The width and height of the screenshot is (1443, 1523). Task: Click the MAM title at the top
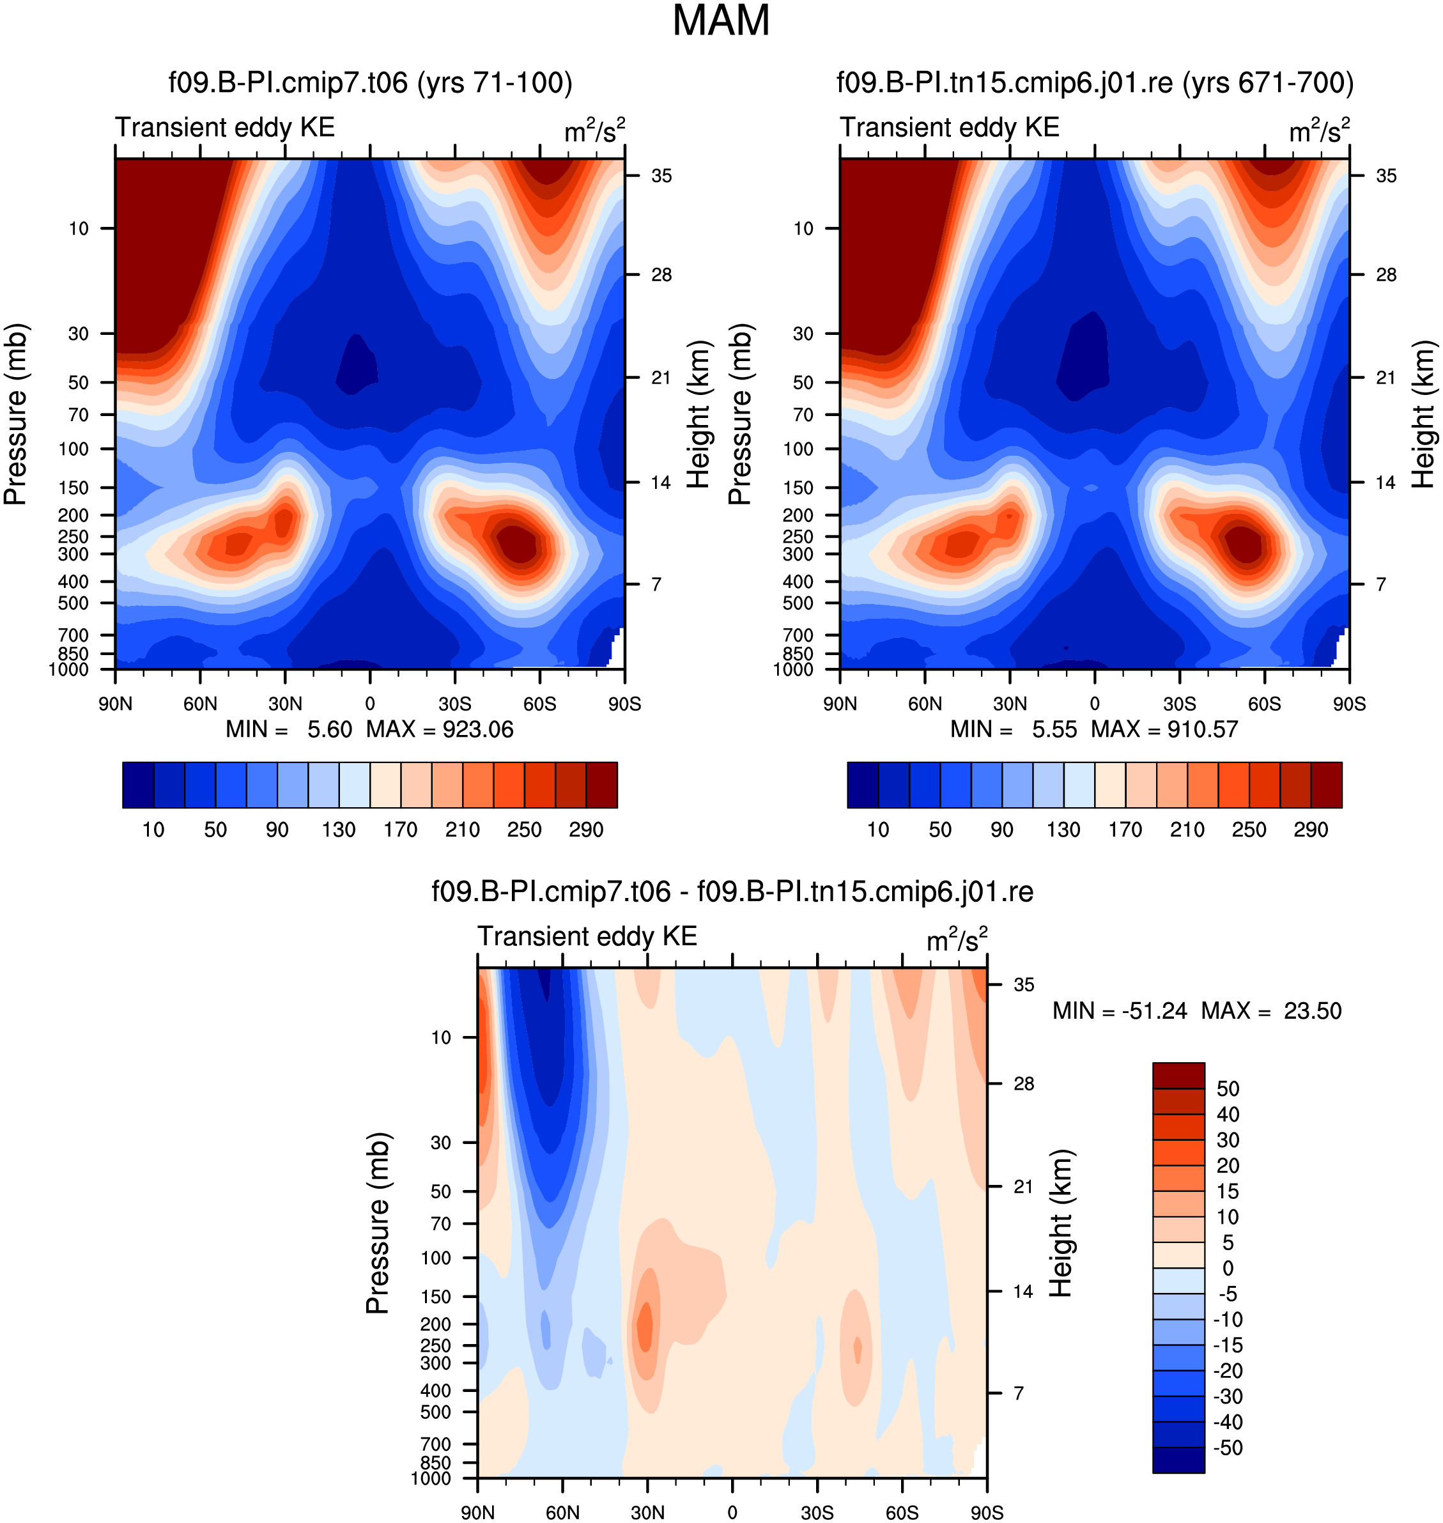pyautogui.click(x=721, y=20)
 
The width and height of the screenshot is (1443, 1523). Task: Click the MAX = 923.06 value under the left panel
pyautogui.click(x=440, y=730)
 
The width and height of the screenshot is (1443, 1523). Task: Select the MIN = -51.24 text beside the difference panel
pyautogui.click(x=1120, y=1010)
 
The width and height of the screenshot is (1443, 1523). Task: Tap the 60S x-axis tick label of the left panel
pyautogui.click(x=539, y=704)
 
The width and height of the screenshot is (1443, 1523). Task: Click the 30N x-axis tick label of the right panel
pyautogui.click(x=1010, y=704)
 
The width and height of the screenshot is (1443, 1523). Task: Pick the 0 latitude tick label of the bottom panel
pyautogui.click(x=732, y=1512)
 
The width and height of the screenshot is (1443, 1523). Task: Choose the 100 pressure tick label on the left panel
pyautogui.click(x=74, y=449)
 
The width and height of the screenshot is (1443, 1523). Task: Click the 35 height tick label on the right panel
pyautogui.click(x=1386, y=176)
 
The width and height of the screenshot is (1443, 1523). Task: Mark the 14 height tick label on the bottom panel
pyautogui.click(x=1023, y=1292)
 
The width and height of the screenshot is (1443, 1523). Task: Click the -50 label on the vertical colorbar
pyautogui.click(x=1228, y=1448)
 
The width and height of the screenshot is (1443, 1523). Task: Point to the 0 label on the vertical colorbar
pyautogui.click(x=1228, y=1267)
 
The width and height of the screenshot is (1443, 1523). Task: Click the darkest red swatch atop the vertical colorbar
pyautogui.click(x=1178, y=1076)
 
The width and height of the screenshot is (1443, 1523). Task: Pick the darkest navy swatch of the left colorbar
pyautogui.click(x=139, y=785)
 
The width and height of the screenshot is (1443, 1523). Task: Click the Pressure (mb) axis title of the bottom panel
pyautogui.click(x=378, y=1223)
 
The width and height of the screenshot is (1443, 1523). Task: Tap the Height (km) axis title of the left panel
pyautogui.click(x=698, y=414)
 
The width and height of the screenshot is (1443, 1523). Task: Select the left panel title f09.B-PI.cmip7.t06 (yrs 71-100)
pyautogui.click(x=371, y=83)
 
